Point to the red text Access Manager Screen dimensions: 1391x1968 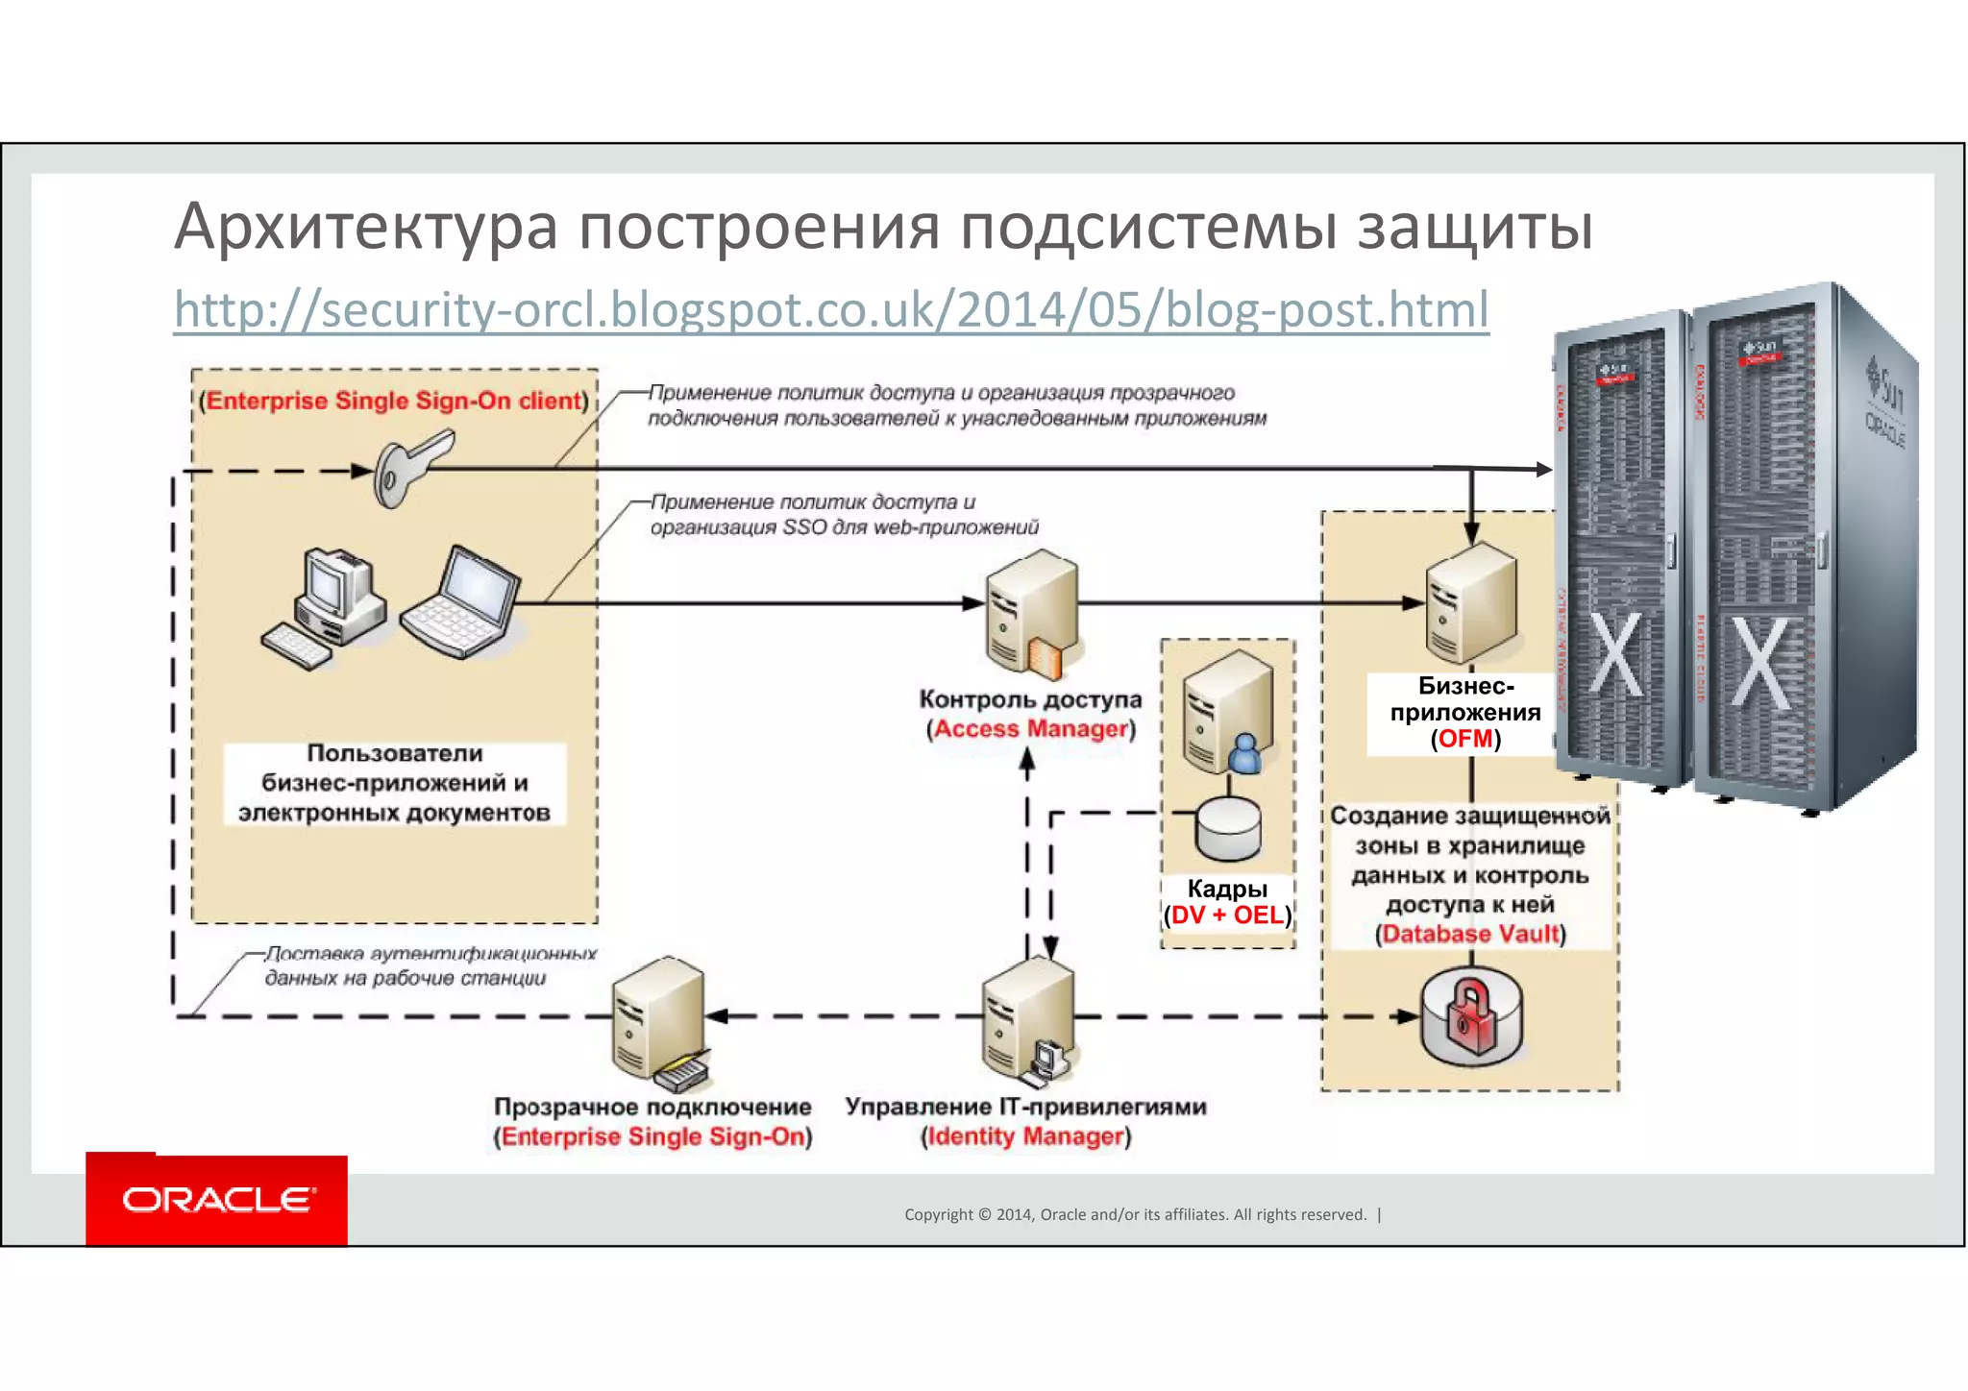1030,729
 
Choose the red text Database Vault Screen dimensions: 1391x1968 1470,934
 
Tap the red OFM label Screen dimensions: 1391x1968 1465,739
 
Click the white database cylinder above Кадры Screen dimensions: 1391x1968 1227,827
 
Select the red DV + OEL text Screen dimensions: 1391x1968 1227,915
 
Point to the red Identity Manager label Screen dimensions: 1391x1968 1025,1136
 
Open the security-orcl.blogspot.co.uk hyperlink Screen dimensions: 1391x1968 831,310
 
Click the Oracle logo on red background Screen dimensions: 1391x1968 217,1200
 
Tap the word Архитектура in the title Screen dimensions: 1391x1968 365,228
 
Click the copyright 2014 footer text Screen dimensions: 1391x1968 1134,1214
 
